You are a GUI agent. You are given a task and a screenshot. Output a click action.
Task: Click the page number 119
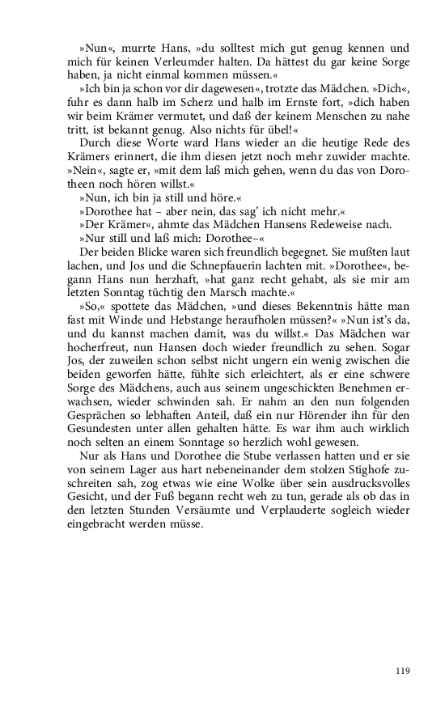coord(403,670)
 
